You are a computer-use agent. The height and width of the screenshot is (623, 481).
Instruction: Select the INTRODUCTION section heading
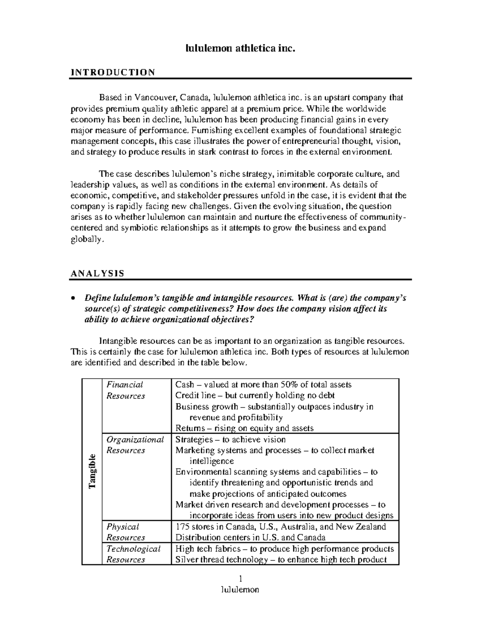tap(113, 72)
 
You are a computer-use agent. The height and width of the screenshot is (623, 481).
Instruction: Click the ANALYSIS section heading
tap(97, 274)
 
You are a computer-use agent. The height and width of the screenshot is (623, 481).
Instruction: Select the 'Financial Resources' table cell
tap(126, 390)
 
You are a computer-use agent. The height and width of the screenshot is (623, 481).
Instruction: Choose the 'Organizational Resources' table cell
tap(135, 445)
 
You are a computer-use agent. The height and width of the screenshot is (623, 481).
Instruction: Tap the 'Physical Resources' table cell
tap(125, 532)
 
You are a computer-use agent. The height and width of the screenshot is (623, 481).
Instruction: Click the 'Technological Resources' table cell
tap(133, 554)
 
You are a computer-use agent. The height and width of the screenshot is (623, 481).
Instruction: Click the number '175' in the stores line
tap(182, 526)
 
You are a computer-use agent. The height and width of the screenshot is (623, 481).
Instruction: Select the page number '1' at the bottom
tap(240, 578)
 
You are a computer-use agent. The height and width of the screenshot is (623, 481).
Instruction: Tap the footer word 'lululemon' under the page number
tap(240, 589)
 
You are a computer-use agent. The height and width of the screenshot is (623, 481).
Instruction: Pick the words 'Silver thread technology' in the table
tap(220, 560)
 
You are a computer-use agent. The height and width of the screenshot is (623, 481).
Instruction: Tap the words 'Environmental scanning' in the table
tap(216, 472)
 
